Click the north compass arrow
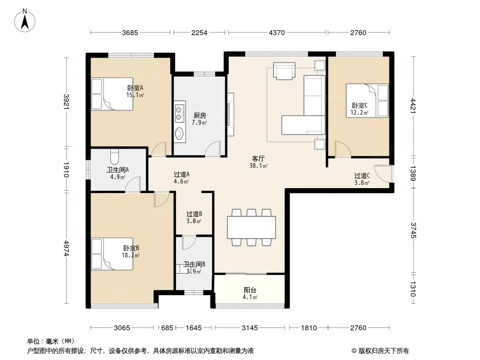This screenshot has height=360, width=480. coord(25,22)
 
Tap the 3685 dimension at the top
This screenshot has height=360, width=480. coord(130,32)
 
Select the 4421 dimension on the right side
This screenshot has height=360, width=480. coord(413,106)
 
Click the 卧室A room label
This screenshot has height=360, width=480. coord(135,88)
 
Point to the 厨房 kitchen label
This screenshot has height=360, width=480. coord(199,115)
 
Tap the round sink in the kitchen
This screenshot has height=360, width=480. coord(179,133)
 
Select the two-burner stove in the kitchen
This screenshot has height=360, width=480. coord(179,113)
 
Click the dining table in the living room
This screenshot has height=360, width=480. coord(251,227)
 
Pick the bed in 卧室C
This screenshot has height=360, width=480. coord(367,101)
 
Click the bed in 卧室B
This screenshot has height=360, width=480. coord(112,254)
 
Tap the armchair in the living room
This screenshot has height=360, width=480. coord(285,71)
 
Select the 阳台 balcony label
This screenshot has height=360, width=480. coord(250,290)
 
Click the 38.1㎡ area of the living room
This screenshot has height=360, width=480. coord(258,166)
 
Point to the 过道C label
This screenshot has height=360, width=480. coord(362,175)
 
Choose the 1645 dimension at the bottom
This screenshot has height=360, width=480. coord(194,328)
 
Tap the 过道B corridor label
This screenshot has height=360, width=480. coord(194,214)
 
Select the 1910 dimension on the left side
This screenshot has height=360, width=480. coord(67,170)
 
